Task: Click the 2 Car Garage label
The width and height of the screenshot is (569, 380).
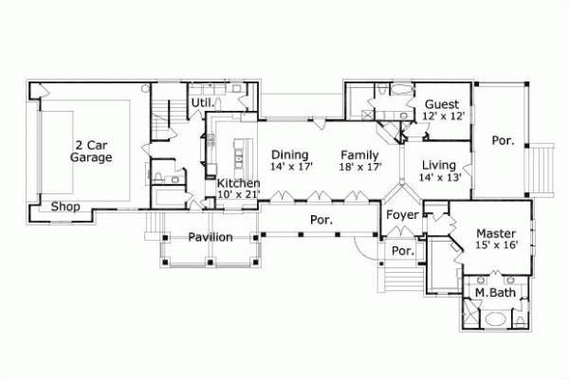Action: (x=91, y=152)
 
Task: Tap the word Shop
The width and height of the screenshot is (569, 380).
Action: (x=64, y=208)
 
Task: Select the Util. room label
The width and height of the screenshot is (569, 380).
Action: (x=201, y=101)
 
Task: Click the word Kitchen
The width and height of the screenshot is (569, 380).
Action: (x=239, y=183)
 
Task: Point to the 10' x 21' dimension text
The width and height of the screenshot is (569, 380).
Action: (x=239, y=195)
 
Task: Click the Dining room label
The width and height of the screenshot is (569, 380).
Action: (x=289, y=154)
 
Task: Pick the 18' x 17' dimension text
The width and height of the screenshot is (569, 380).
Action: (x=359, y=167)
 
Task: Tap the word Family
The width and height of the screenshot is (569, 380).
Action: (x=359, y=154)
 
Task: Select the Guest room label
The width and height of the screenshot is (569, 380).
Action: (x=442, y=103)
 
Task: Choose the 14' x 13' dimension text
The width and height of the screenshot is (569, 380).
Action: (x=439, y=176)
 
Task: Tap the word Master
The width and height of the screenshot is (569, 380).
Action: (x=496, y=233)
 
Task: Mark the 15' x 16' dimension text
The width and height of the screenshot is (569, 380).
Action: (x=496, y=245)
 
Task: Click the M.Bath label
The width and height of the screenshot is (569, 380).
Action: (x=494, y=293)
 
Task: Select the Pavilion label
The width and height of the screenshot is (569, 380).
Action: (x=210, y=237)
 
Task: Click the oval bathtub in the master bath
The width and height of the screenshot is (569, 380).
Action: (x=494, y=319)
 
